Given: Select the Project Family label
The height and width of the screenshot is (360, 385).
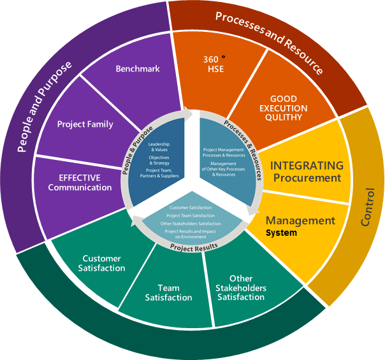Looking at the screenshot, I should (85, 124).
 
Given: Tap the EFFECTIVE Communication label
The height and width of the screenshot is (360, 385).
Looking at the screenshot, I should (80, 182).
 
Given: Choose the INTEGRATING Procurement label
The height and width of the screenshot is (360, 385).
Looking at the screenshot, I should (307, 171).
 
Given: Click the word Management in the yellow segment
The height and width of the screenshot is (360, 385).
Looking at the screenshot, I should (300, 220).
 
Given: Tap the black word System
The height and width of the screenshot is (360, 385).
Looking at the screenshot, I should (281, 233).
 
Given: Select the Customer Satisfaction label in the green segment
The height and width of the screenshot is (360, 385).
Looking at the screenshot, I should (104, 264).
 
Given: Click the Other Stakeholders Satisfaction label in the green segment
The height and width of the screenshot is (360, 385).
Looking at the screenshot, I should (240, 288).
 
